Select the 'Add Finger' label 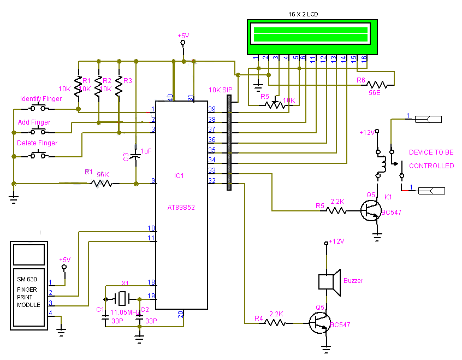pyautogui.click(x=34, y=122)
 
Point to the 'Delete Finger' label pyautogui.click(x=37, y=143)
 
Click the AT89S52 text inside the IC pyautogui.click(x=180, y=208)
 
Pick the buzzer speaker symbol pyautogui.click(x=329, y=281)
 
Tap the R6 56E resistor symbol pyautogui.click(x=378, y=85)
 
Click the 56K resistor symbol pyautogui.click(x=103, y=184)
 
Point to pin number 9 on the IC pyautogui.click(x=153, y=180)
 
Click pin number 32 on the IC pyautogui.click(x=211, y=180)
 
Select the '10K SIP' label pyautogui.click(x=220, y=90)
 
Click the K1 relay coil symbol pyautogui.click(x=382, y=163)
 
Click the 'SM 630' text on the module pyautogui.click(x=27, y=279)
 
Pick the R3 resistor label pyautogui.click(x=128, y=81)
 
